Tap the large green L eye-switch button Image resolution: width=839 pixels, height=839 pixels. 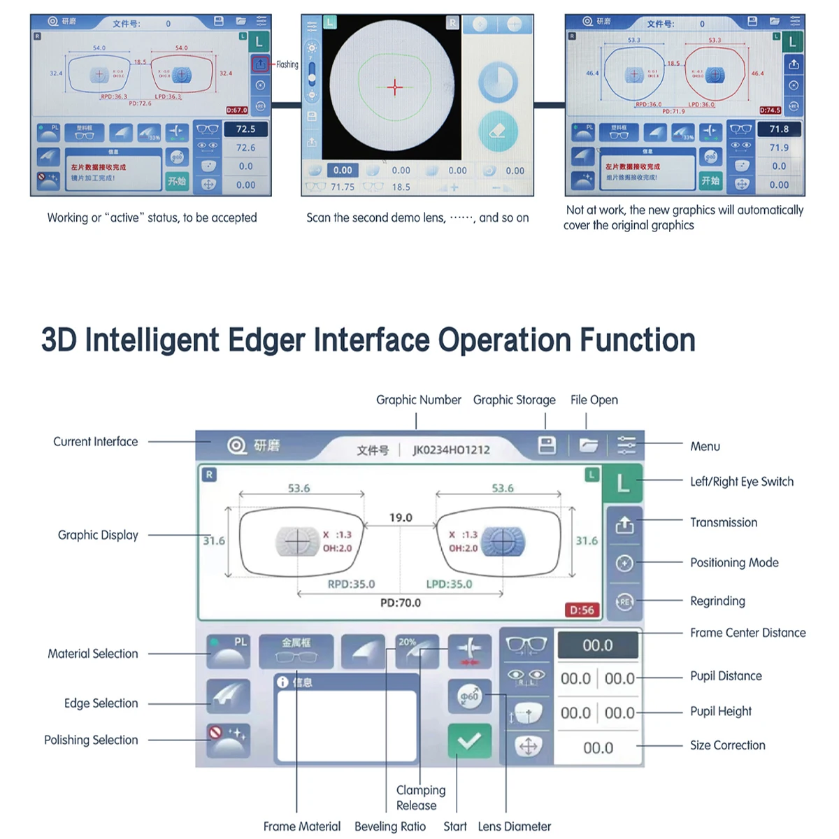[x=623, y=483]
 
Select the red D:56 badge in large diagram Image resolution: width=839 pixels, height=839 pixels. [x=582, y=610]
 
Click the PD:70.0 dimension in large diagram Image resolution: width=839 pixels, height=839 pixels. [x=401, y=603]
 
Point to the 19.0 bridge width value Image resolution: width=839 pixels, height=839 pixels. [x=401, y=517]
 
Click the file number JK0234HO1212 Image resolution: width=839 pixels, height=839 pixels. [x=451, y=450]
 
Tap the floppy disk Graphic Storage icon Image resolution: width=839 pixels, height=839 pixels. [x=547, y=445]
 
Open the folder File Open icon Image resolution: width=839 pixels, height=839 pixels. [x=588, y=445]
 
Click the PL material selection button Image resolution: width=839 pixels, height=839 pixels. [x=229, y=651]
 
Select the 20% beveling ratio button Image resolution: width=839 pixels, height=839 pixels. [x=417, y=651]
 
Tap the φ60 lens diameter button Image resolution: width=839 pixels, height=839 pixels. [x=469, y=696]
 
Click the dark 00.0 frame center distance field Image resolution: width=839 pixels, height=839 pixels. [x=598, y=645]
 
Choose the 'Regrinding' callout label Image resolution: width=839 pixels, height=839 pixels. [x=717, y=601]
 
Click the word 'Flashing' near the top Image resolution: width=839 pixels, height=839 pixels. [x=287, y=64]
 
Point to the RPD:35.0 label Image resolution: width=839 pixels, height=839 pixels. [x=351, y=584]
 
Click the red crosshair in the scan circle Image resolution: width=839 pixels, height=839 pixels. [x=395, y=87]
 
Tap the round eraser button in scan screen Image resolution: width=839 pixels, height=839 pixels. [x=499, y=131]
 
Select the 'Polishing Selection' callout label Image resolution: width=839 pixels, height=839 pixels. [x=91, y=740]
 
